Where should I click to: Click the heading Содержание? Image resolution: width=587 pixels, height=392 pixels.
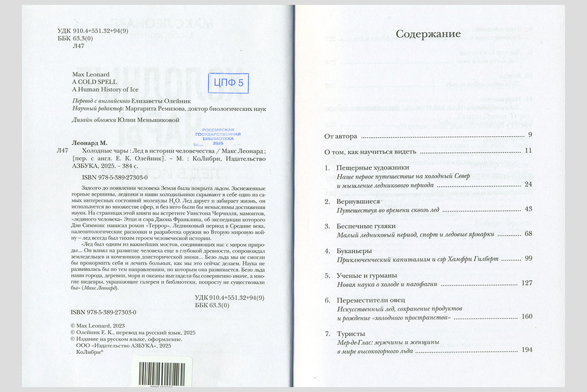click(x=428, y=34)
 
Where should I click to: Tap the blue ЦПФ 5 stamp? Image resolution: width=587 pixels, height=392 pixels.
click(x=228, y=83)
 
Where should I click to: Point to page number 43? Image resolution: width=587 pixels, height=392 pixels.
click(x=528, y=209)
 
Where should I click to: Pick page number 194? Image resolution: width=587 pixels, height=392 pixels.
click(x=527, y=350)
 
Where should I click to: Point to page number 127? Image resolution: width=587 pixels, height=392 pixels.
click(x=527, y=283)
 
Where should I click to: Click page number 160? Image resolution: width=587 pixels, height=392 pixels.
click(x=527, y=317)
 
